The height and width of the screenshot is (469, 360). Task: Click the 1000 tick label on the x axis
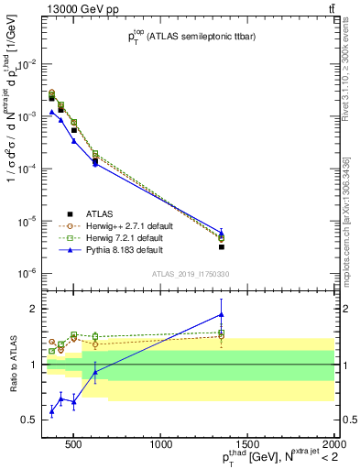click(x=161, y=445)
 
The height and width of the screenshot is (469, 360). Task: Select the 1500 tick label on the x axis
click(x=247, y=445)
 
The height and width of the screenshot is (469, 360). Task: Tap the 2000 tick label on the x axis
click(x=332, y=445)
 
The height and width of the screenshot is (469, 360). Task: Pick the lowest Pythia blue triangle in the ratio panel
click(x=51, y=411)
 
